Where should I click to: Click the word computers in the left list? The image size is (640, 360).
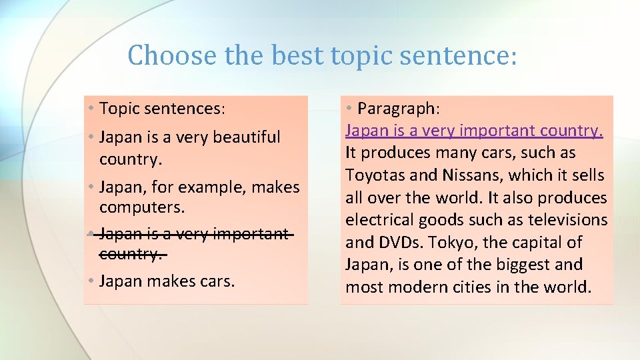(141, 208)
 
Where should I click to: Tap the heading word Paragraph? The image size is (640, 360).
(399, 108)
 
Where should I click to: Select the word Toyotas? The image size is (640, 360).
(374, 175)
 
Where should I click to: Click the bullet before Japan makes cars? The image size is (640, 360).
(90, 281)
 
